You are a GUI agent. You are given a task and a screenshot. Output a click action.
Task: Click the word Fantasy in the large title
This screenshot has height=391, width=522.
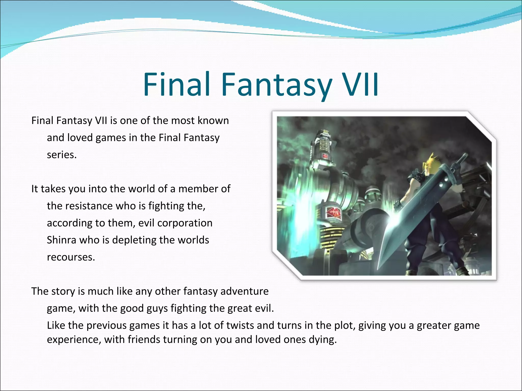pyautogui.click(x=277, y=85)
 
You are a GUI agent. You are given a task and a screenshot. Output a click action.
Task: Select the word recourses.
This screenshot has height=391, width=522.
pyautogui.click(x=71, y=257)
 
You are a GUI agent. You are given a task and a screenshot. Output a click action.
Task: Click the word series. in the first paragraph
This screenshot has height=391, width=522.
pyautogui.click(x=62, y=155)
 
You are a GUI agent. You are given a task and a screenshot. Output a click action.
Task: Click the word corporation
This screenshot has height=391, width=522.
pyautogui.click(x=185, y=223)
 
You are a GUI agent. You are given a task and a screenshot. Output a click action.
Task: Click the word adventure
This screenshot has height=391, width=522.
pyautogui.click(x=244, y=291)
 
